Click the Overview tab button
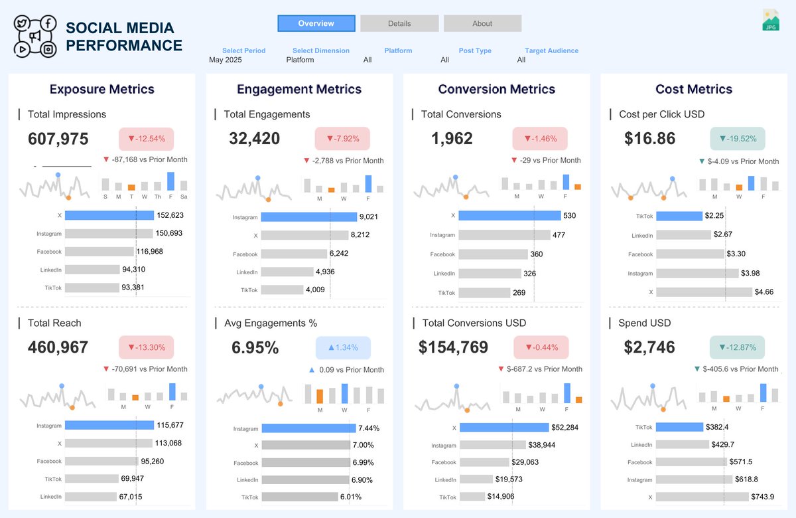316,23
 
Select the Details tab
399,23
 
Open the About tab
482,23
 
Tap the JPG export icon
770,20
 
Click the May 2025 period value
226,60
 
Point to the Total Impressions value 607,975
58,139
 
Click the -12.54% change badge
146,139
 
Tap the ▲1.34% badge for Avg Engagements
343,348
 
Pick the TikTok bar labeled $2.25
679,216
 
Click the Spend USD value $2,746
649,347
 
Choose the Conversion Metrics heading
497,89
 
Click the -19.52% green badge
738,139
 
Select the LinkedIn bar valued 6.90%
305,479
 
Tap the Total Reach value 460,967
58,347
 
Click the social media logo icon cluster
36,36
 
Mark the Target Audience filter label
551,50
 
